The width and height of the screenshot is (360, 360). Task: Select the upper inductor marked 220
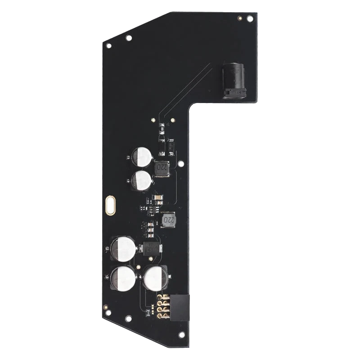pos(162,170)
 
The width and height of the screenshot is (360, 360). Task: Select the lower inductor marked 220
pos(168,220)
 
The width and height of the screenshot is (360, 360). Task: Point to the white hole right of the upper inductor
pos(180,165)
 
